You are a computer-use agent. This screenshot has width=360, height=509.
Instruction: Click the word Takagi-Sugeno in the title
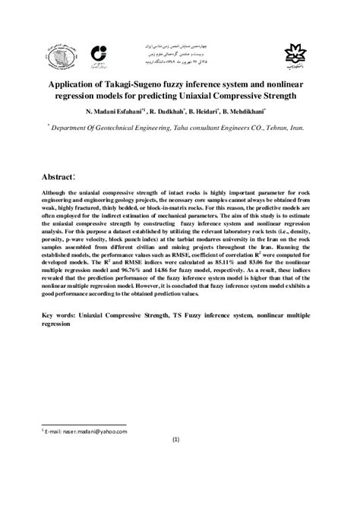(x=159, y=84)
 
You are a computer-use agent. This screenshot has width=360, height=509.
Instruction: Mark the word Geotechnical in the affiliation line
(x=134, y=129)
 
